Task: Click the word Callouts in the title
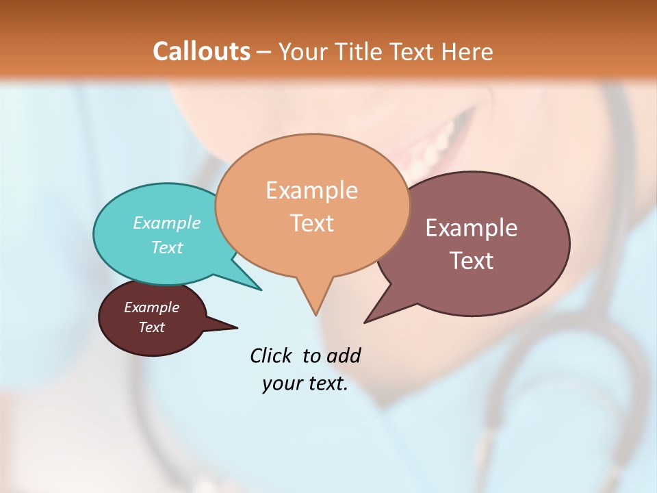click(x=201, y=51)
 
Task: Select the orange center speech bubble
click(x=312, y=253)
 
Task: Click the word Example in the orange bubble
click(x=311, y=190)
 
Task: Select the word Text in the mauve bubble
click(x=472, y=261)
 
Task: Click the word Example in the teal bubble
click(x=166, y=223)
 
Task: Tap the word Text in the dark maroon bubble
click(x=151, y=327)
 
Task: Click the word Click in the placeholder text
click(x=272, y=355)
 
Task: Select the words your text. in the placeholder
click(x=305, y=384)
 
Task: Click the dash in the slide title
click(x=265, y=51)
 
